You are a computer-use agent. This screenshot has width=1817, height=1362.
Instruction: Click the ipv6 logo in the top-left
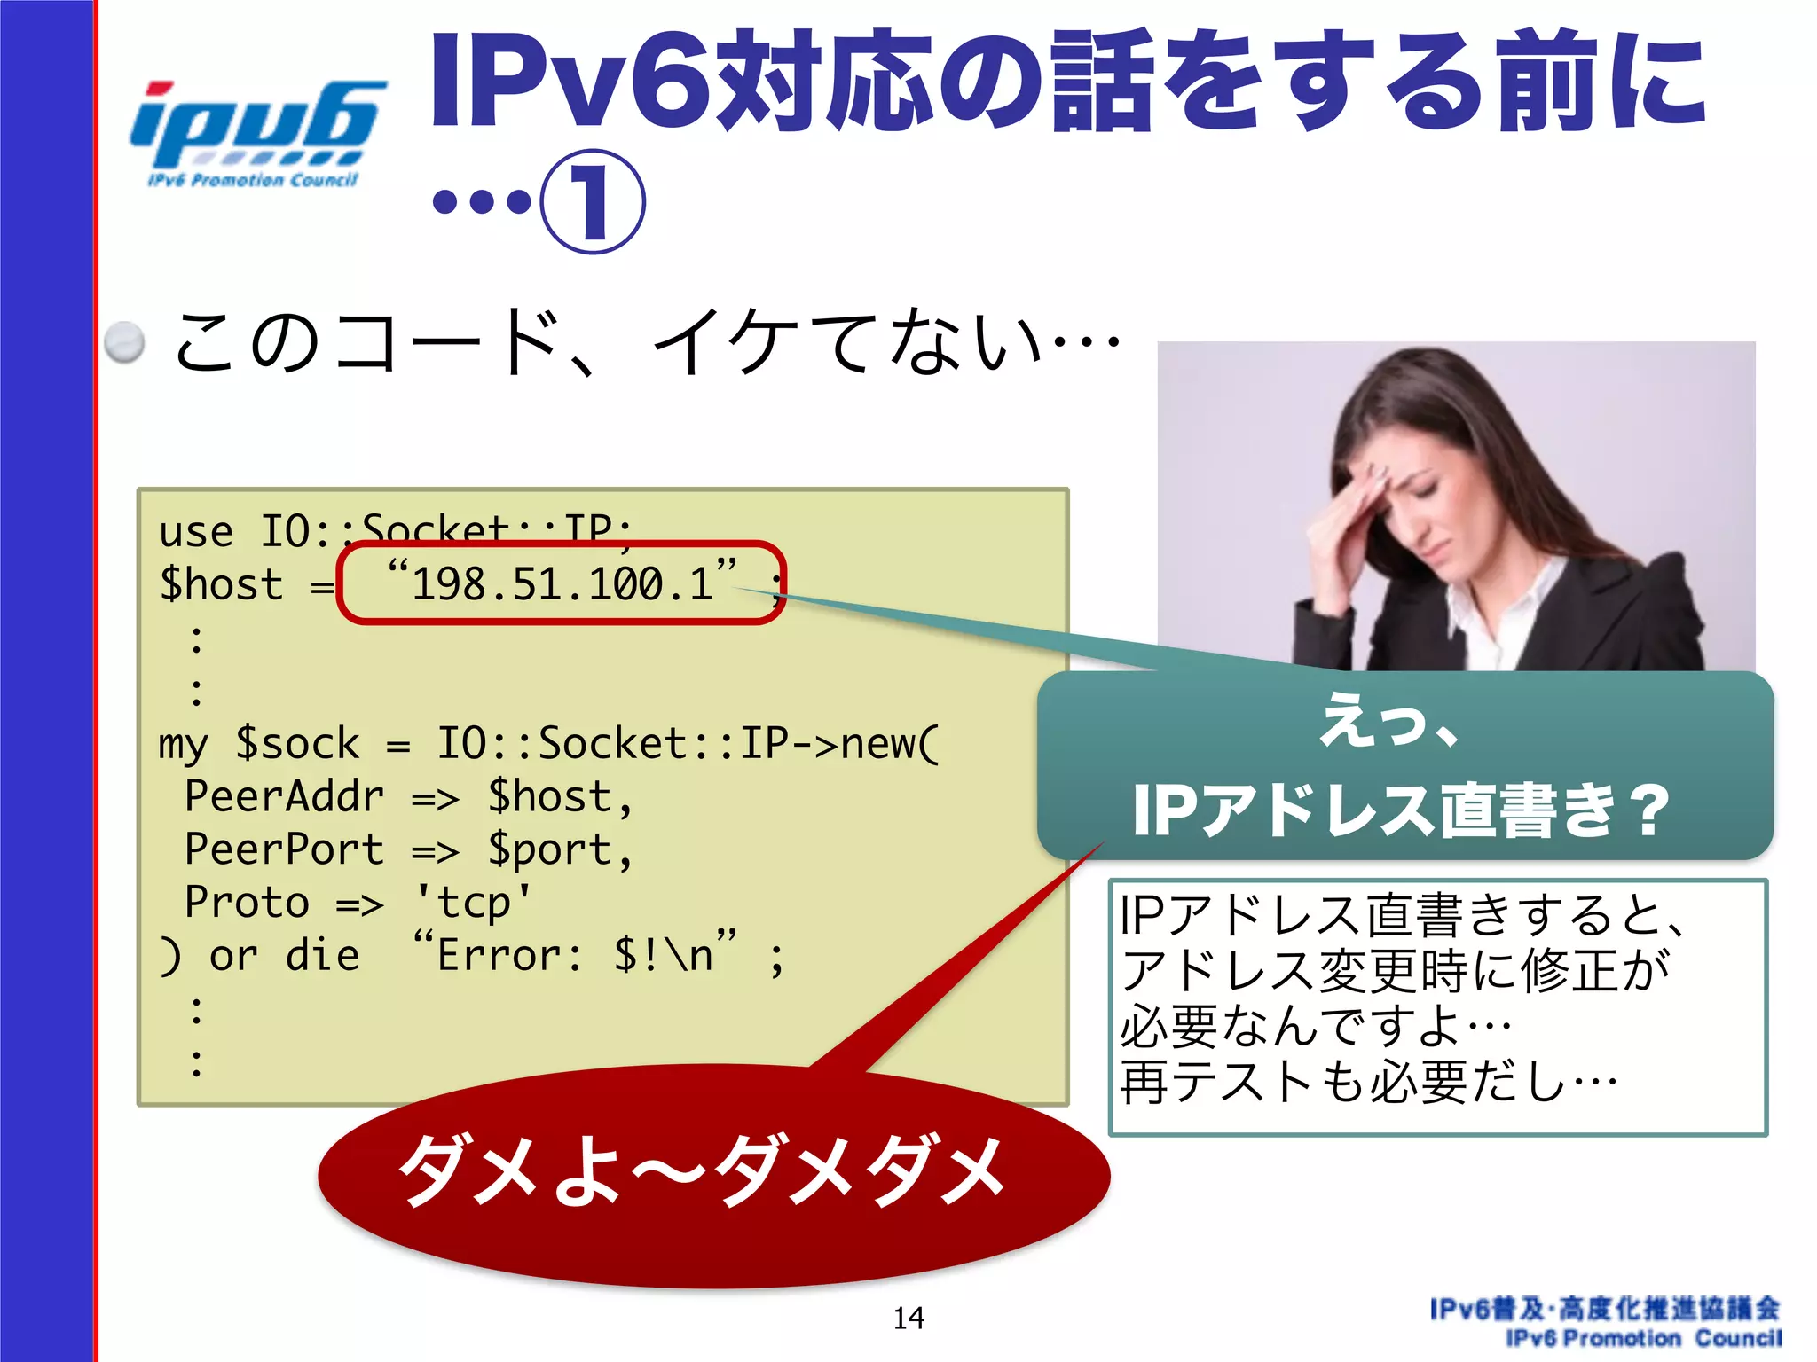(x=257, y=133)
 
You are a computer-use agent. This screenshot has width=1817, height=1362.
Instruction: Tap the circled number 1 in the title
(x=593, y=202)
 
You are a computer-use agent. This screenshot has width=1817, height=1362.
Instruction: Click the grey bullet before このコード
(x=124, y=342)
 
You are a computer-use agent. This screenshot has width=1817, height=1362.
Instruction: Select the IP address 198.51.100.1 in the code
(x=562, y=584)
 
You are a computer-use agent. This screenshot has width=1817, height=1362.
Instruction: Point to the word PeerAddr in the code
(x=284, y=796)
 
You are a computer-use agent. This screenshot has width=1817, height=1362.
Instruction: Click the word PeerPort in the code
(x=284, y=849)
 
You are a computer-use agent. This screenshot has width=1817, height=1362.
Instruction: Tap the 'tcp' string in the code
(x=474, y=903)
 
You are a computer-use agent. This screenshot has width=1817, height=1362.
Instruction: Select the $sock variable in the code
(x=297, y=743)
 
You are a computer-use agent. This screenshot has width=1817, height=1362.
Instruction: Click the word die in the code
(x=322, y=956)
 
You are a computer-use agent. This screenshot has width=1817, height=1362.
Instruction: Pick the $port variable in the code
(x=550, y=849)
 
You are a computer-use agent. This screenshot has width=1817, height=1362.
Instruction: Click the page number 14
(x=908, y=1319)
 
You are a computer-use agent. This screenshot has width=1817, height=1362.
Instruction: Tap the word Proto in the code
(x=247, y=903)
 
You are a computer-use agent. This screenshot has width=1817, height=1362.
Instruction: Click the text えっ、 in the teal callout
(x=1388, y=720)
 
